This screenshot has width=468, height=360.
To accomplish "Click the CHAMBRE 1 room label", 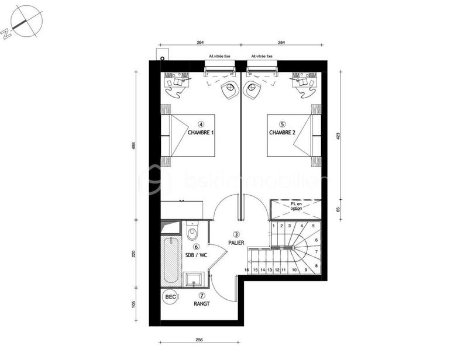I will click(201, 133).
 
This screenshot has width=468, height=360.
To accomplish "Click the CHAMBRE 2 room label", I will click(282, 133).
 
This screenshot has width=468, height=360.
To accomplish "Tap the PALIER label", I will click(237, 242).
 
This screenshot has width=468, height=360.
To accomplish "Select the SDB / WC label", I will click(197, 255).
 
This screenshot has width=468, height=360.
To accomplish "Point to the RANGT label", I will click(201, 304).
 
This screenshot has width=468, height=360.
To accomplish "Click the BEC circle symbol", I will click(170, 296).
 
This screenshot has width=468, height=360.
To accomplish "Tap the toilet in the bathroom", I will click(192, 233).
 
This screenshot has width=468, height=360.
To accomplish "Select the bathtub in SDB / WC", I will click(171, 260).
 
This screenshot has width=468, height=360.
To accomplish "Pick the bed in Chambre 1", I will click(187, 136).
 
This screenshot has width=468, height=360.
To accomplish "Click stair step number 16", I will click(247, 270).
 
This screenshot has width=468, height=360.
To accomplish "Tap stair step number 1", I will click(274, 226).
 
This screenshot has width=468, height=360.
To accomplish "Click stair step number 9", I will click(306, 270).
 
